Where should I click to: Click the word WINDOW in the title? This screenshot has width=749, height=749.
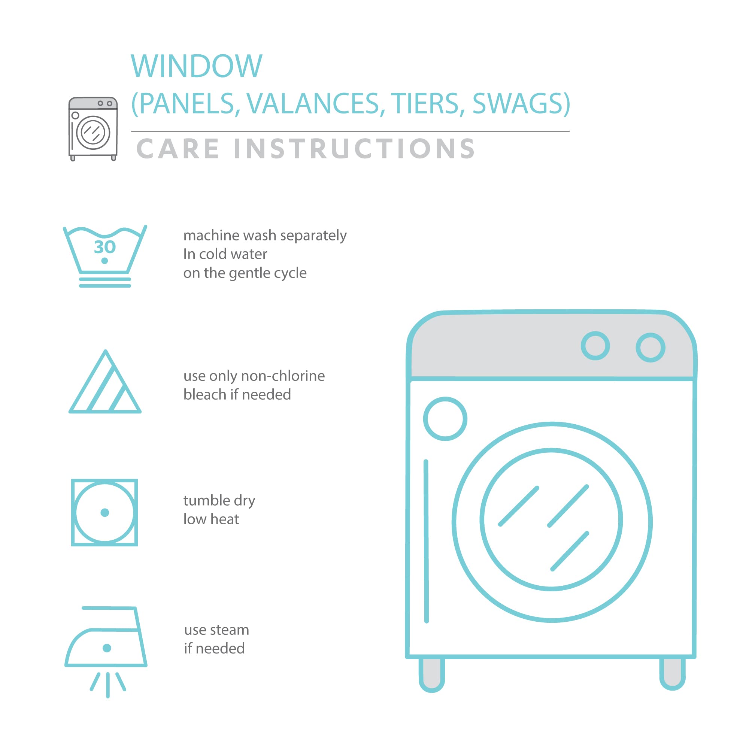(x=197, y=66)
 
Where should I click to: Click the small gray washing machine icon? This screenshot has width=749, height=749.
(x=93, y=129)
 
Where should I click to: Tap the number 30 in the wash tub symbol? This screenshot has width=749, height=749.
(x=105, y=247)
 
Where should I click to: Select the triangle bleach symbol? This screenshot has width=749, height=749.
(x=105, y=382)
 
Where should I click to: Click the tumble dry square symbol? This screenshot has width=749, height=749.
(x=105, y=513)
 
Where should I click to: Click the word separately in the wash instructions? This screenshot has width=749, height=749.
(x=313, y=236)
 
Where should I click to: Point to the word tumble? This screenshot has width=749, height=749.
(x=206, y=500)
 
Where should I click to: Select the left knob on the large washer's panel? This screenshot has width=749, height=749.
(x=595, y=346)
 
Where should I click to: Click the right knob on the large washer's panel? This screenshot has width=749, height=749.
(x=651, y=348)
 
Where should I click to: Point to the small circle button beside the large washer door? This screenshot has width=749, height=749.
(x=445, y=419)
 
